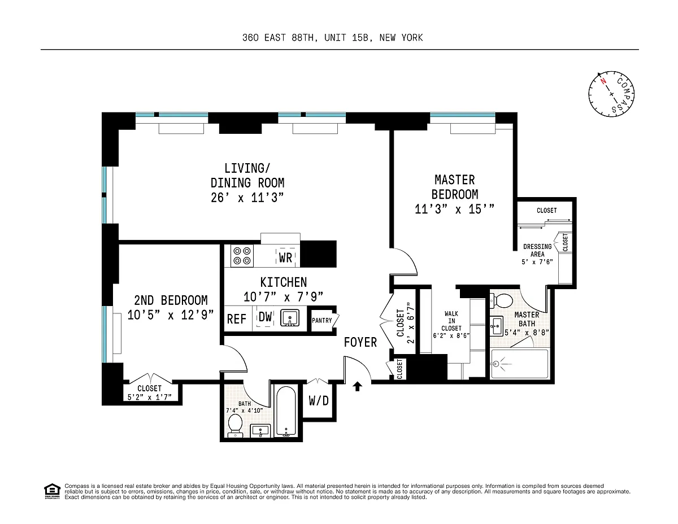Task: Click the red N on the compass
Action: click(x=603, y=81)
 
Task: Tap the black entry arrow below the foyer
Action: click(x=357, y=386)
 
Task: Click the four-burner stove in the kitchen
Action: click(x=242, y=256)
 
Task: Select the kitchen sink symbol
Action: click(x=289, y=318)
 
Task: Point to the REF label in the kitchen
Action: click(x=237, y=319)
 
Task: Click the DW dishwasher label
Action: click(x=265, y=317)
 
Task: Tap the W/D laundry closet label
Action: click(x=319, y=401)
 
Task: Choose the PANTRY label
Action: click(x=321, y=321)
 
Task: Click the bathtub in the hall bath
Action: click(x=286, y=412)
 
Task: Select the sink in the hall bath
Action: click(x=260, y=431)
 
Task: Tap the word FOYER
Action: click(x=360, y=342)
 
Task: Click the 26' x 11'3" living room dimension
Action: click(x=247, y=198)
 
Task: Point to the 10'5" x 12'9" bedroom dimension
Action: click(x=171, y=315)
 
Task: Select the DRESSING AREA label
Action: click(x=537, y=250)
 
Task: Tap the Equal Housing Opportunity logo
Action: click(x=52, y=491)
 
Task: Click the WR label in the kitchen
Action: click(x=285, y=258)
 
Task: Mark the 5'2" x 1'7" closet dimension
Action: click(x=150, y=397)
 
